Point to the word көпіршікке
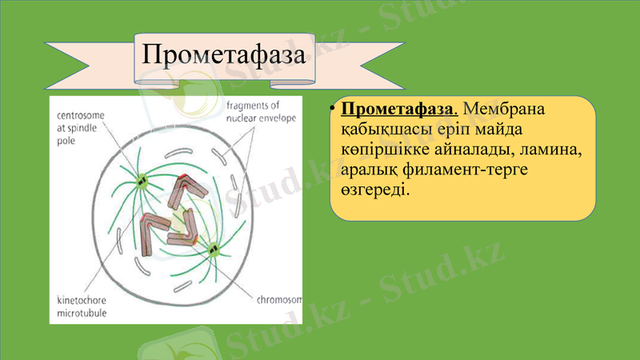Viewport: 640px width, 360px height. point(381,150)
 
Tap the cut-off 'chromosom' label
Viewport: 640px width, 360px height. point(280,301)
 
